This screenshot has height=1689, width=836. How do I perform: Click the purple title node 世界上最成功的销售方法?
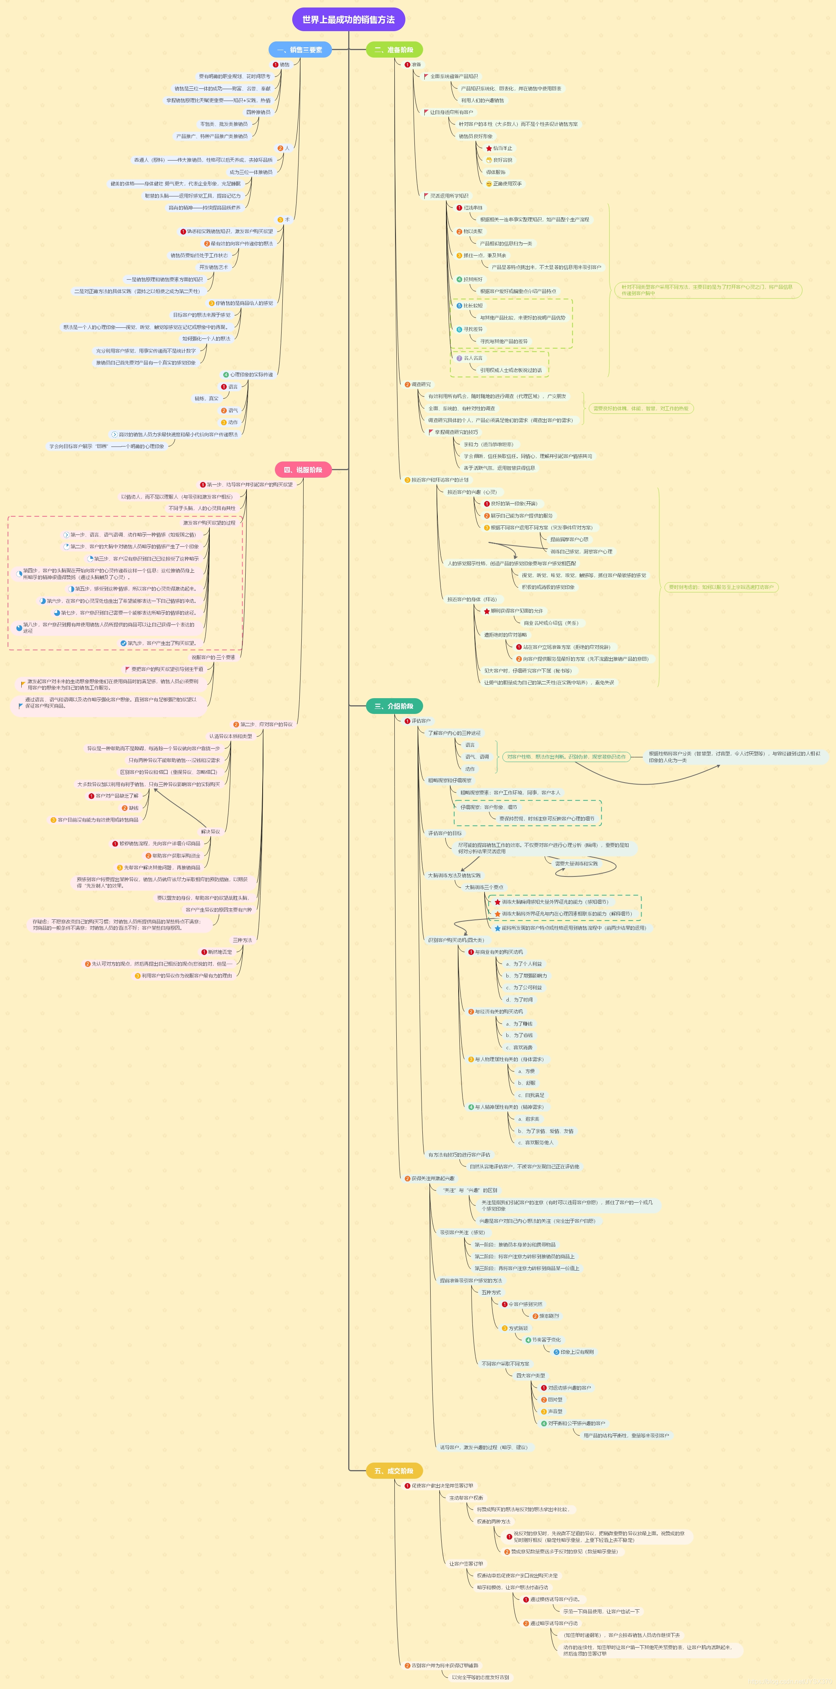[x=348, y=20]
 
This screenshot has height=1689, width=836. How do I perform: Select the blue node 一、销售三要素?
[x=300, y=50]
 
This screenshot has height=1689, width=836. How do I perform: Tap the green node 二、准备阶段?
[x=394, y=50]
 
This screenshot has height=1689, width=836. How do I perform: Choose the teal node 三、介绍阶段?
[x=394, y=706]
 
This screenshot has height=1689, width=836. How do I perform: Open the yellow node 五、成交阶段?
[x=394, y=1470]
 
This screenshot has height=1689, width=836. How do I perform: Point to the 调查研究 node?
[x=421, y=384]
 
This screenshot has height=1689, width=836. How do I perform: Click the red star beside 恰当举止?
[x=489, y=148]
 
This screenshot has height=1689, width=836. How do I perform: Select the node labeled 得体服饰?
[x=496, y=172]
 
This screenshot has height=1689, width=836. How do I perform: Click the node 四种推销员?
[x=258, y=112]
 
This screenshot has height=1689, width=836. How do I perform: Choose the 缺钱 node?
[x=134, y=808]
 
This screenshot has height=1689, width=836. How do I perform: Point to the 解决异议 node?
[x=211, y=831]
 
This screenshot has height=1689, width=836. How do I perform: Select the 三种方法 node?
[x=242, y=940]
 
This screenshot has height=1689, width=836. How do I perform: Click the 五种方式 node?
[x=491, y=1292]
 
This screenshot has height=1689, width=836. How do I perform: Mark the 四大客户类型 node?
[x=530, y=1375]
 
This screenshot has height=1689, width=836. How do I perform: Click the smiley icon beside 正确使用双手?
[x=489, y=184]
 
